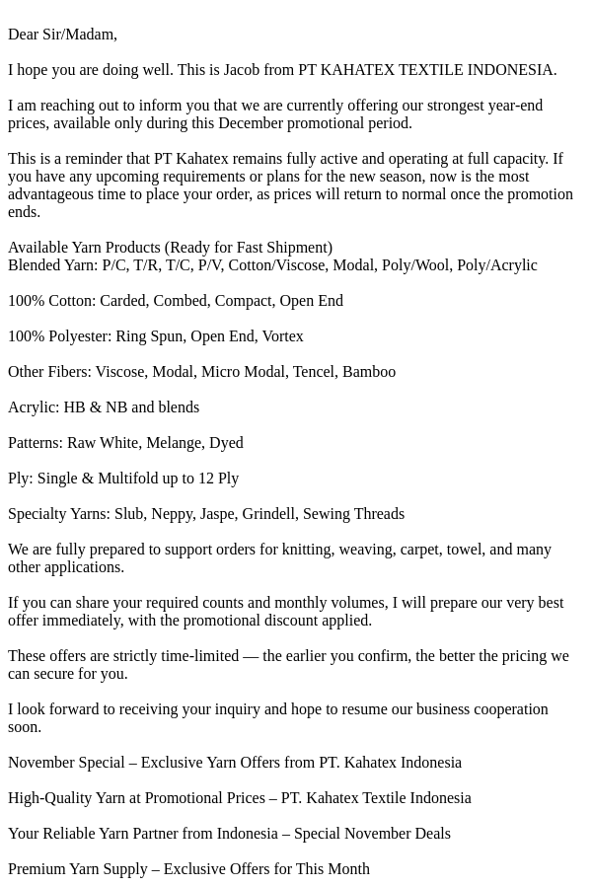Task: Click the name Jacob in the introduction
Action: coord(243,70)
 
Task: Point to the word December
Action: coord(251,123)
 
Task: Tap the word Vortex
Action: coord(282,336)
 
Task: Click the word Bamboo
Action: coord(369,372)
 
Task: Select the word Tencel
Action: coord(313,372)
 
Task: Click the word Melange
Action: coord(173,443)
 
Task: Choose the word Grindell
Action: coord(268,514)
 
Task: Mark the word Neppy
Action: coord(172,514)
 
